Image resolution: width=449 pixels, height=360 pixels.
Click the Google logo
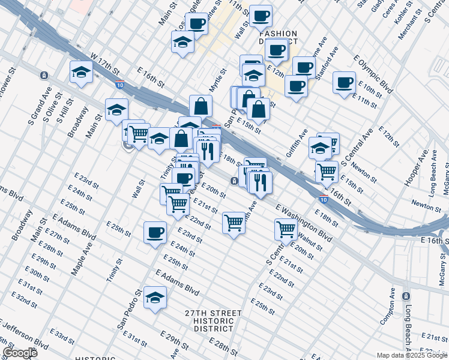pos(20,353)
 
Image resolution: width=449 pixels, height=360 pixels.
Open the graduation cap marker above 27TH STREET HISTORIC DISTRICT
pos(155,298)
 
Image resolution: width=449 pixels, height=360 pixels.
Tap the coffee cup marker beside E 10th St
pos(344,82)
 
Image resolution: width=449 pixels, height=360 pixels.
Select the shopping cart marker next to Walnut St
pos(286,229)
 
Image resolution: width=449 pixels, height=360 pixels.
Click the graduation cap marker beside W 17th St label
pos(81,73)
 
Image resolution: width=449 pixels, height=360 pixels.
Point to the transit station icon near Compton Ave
pos(406,296)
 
